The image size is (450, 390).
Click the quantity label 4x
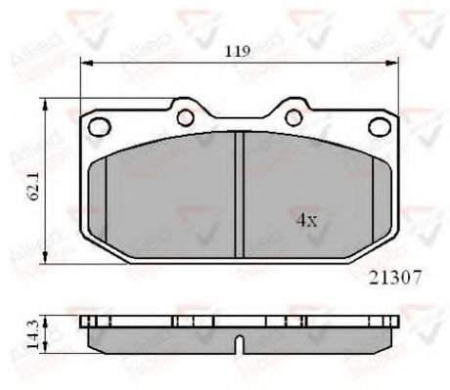[x=307, y=220]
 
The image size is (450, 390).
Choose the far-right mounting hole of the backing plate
[x=379, y=124]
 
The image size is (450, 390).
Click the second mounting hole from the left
[x=184, y=118]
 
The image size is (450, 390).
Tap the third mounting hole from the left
[x=292, y=118]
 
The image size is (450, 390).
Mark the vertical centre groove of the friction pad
[x=239, y=195]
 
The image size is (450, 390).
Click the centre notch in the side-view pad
[x=239, y=345]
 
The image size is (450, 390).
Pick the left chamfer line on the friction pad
[x=106, y=200]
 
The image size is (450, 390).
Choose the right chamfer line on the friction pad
[x=373, y=200]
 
